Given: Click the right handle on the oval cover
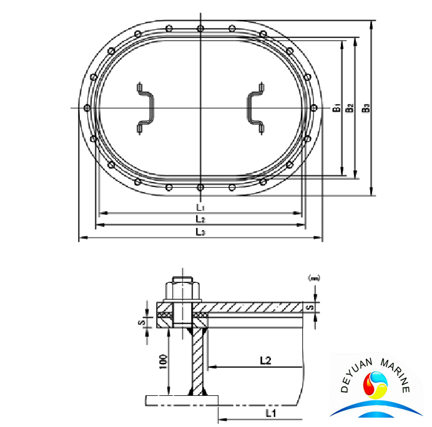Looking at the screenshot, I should coord(255,108).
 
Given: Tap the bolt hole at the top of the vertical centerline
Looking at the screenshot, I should coord(200,28).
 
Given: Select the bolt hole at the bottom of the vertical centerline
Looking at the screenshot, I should coord(200,187).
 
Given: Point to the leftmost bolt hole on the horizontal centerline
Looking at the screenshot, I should coord(87,108).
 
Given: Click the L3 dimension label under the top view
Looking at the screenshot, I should coord(200,232).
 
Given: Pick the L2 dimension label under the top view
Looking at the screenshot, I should coord(200,219).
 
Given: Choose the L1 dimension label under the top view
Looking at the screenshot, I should coord(200,206).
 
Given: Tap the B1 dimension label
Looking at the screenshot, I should coord(336,108).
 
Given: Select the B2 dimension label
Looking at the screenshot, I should coord(350,108).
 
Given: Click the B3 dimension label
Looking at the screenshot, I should coord(366,108).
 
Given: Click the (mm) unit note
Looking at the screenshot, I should coord(314,277).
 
